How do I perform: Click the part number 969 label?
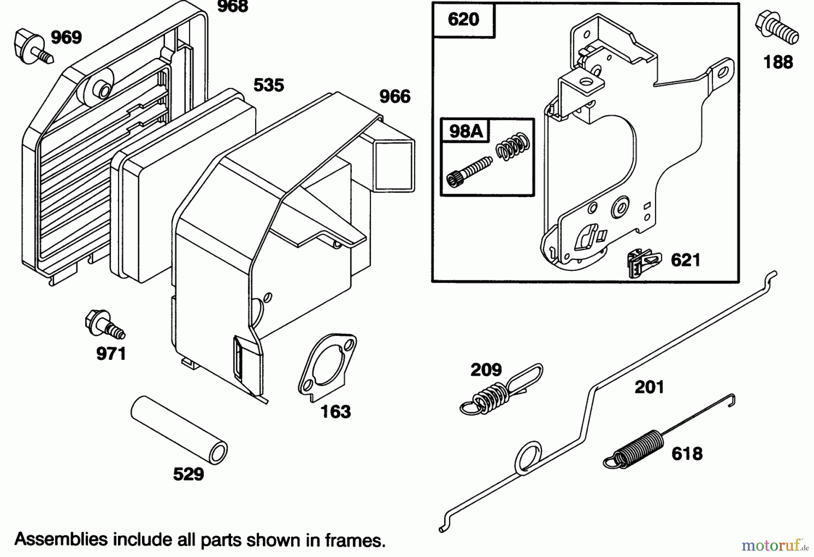pyautogui.click(x=66, y=38)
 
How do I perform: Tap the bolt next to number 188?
pyautogui.click(x=776, y=28)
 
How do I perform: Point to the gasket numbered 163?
pyautogui.click(x=327, y=367)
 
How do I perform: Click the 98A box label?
pyautogui.click(x=465, y=131)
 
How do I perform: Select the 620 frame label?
pyautogui.click(x=464, y=20)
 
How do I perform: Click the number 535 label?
pyautogui.click(x=269, y=85)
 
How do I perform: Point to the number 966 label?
pyautogui.click(x=395, y=96)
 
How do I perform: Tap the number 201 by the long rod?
pyautogui.click(x=649, y=387)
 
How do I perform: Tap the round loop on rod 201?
pyautogui.click(x=528, y=458)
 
